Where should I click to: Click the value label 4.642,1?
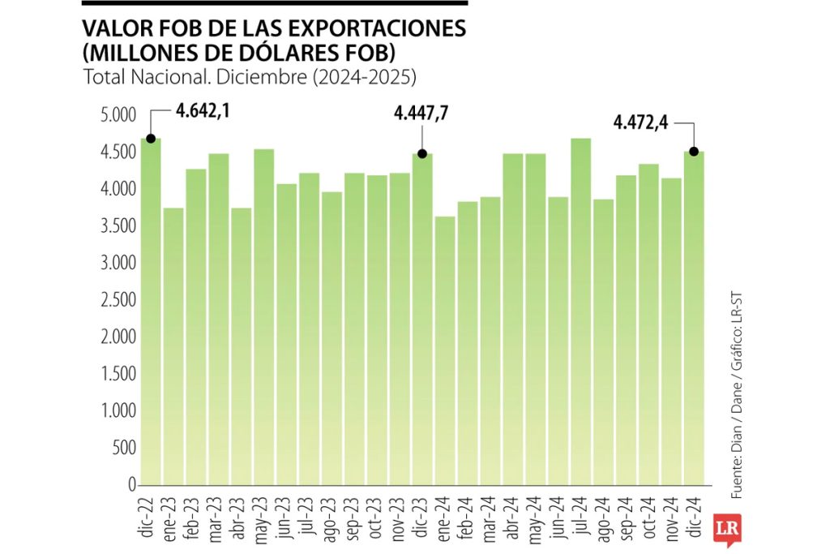click(203, 111)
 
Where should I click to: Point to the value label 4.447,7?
click(421, 114)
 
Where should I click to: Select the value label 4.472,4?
click(641, 123)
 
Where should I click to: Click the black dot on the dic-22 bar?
click(151, 139)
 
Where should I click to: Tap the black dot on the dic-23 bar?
click(421, 153)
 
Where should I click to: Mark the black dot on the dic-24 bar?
click(694, 151)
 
